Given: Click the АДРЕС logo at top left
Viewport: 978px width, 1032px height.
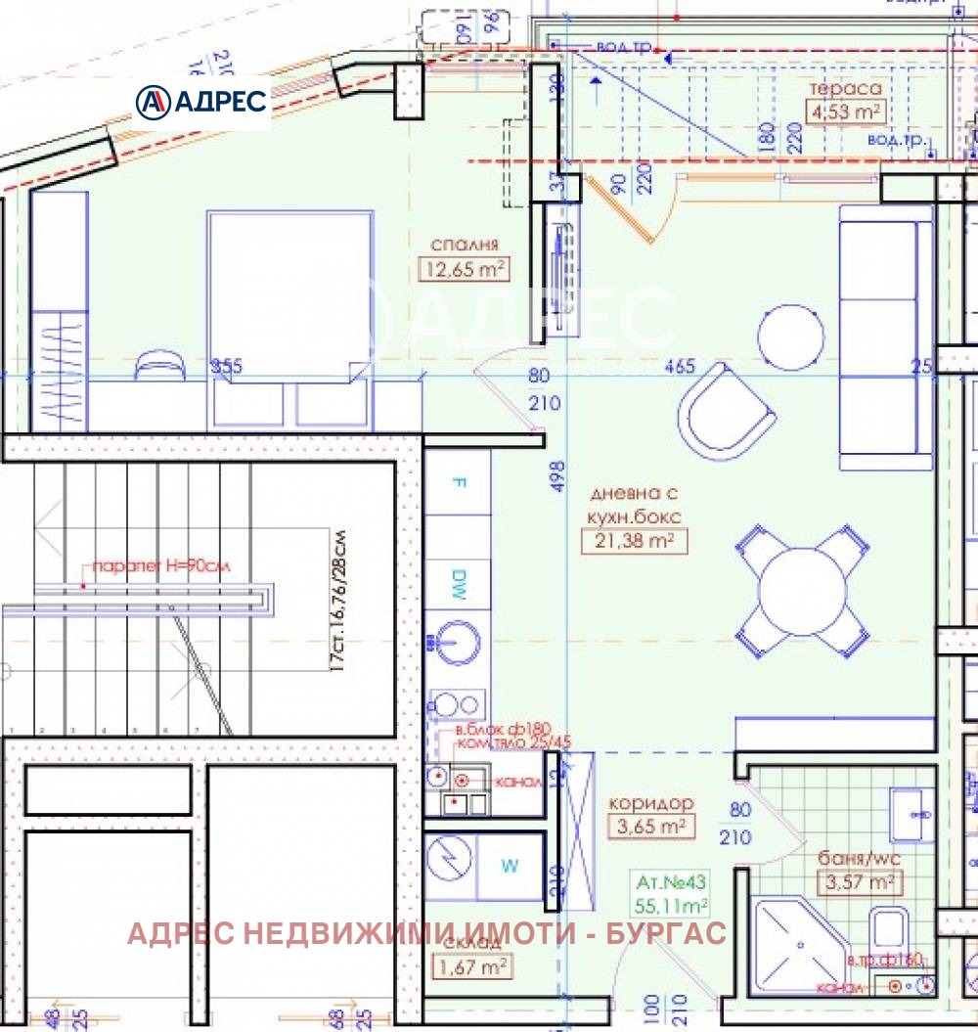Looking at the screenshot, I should pos(201,102).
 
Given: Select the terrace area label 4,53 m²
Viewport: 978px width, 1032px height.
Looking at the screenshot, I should pos(846,112).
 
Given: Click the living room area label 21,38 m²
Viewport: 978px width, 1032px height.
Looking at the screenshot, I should pos(634,541).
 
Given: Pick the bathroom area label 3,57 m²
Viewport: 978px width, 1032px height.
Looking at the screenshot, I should pos(859,883).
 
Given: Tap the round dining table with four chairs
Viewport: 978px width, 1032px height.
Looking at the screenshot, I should pos(802,589).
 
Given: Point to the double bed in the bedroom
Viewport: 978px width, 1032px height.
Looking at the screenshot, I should pos(289,303).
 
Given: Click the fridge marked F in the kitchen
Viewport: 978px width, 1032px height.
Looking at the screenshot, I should pos(459,482).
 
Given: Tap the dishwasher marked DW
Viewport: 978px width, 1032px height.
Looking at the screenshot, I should pos(459,584).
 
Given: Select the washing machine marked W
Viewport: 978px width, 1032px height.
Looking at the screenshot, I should pos(510,866).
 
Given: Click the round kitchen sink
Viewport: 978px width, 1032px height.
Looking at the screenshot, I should pos(457,643).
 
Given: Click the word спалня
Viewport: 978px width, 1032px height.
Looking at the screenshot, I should pos(465,245).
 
